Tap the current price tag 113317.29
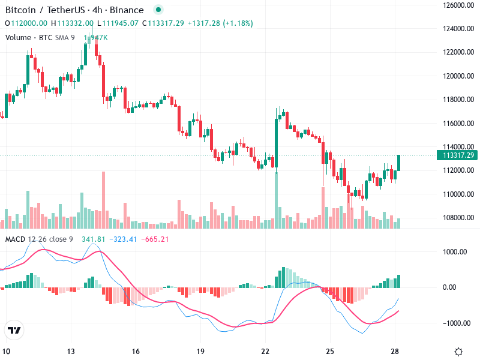coord(458,155)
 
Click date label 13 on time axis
coord(71,352)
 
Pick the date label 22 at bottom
coord(265,352)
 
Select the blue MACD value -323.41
coord(125,239)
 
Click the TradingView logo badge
coord(14,331)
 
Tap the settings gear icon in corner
coord(458,352)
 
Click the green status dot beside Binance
coord(158,10)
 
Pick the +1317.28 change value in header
coord(204,23)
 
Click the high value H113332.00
coord(72,23)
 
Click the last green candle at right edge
coord(398,163)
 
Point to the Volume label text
coord(19,38)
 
